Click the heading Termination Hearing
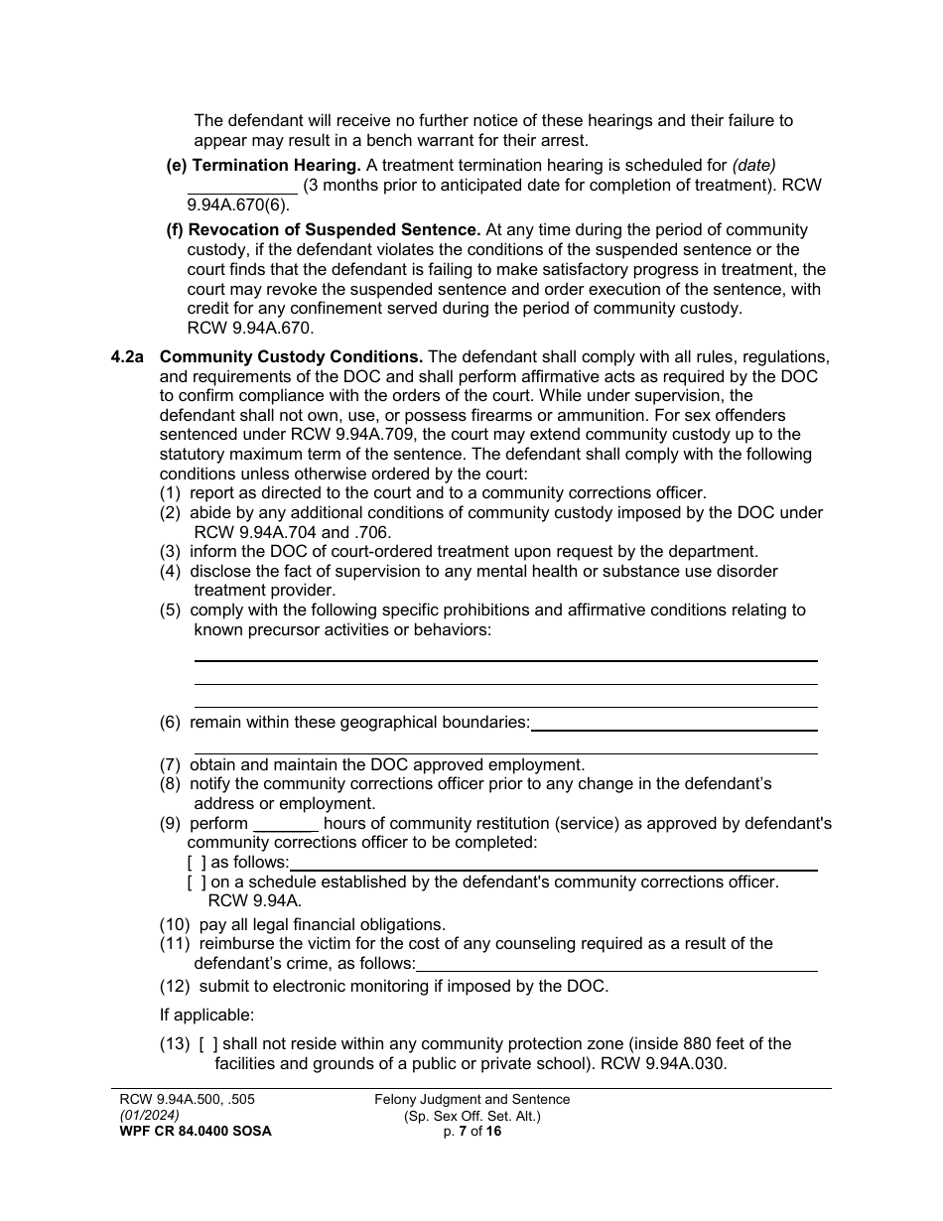pos(274,165)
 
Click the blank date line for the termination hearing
pos(242,186)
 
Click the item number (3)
pos(171,551)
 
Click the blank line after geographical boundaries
pos(673,724)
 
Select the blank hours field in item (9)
pos(285,824)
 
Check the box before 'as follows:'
pos(197,863)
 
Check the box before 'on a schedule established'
pos(197,882)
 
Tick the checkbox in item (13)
pos(208,1044)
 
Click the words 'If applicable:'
pos(206,1015)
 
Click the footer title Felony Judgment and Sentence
pos(471,1099)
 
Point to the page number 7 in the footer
pos(462,1131)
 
